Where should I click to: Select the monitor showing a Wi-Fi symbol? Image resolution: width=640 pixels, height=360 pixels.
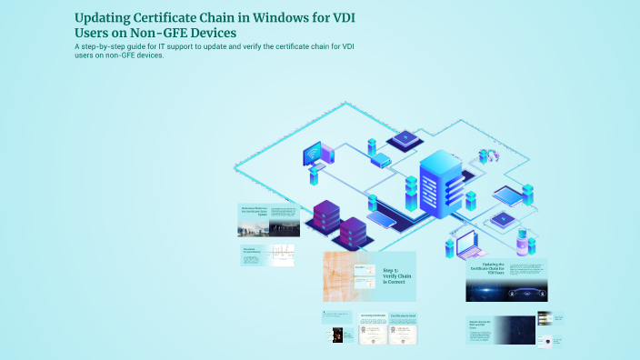(x=312, y=154)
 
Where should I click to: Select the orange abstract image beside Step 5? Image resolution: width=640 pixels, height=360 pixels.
(x=345, y=276)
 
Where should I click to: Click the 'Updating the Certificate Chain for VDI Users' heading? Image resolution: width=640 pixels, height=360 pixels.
(x=485, y=269)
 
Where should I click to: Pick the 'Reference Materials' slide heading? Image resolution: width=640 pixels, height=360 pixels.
(x=255, y=211)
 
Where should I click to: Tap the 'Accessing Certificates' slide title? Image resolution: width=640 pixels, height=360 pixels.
(x=367, y=316)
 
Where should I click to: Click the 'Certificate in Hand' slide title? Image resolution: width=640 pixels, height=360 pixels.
(x=403, y=316)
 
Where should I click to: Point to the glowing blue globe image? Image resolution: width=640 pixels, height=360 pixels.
(x=506, y=291)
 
